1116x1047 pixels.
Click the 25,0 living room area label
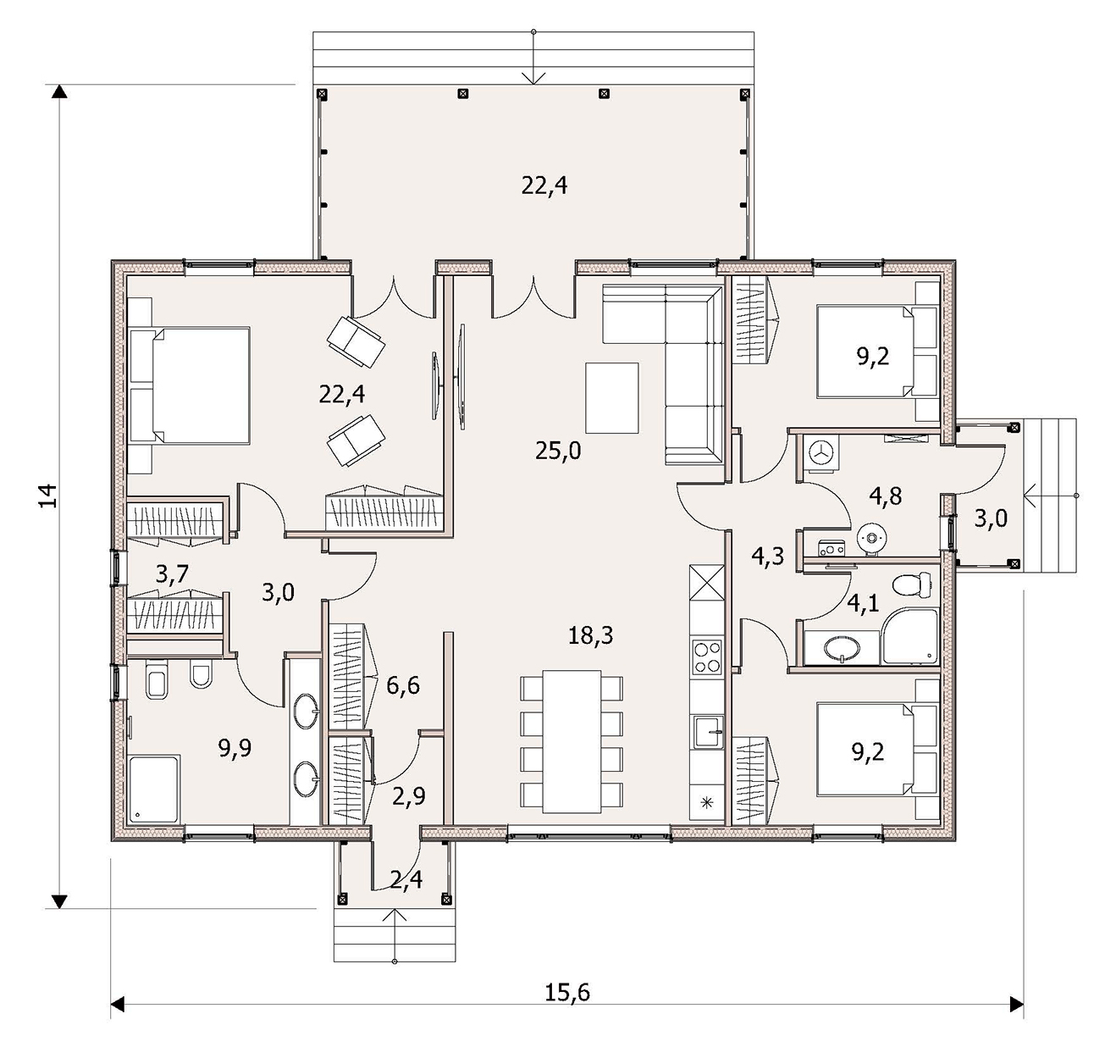click(x=558, y=451)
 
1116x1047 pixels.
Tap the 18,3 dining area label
click(x=590, y=636)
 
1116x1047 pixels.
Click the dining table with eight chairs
click(x=572, y=742)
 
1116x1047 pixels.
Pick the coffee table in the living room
click(x=612, y=398)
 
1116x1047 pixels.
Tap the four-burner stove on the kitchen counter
click(x=707, y=657)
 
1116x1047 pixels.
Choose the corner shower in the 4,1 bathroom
click(x=910, y=636)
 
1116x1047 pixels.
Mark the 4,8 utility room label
click(x=887, y=496)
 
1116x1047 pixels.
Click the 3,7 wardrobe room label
click(x=172, y=574)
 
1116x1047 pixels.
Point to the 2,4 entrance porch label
click(x=406, y=880)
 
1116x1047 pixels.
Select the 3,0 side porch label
click(x=991, y=518)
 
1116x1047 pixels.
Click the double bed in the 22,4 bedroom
click(x=190, y=386)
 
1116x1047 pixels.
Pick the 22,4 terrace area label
click(x=544, y=185)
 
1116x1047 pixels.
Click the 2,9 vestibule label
click(x=408, y=797)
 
